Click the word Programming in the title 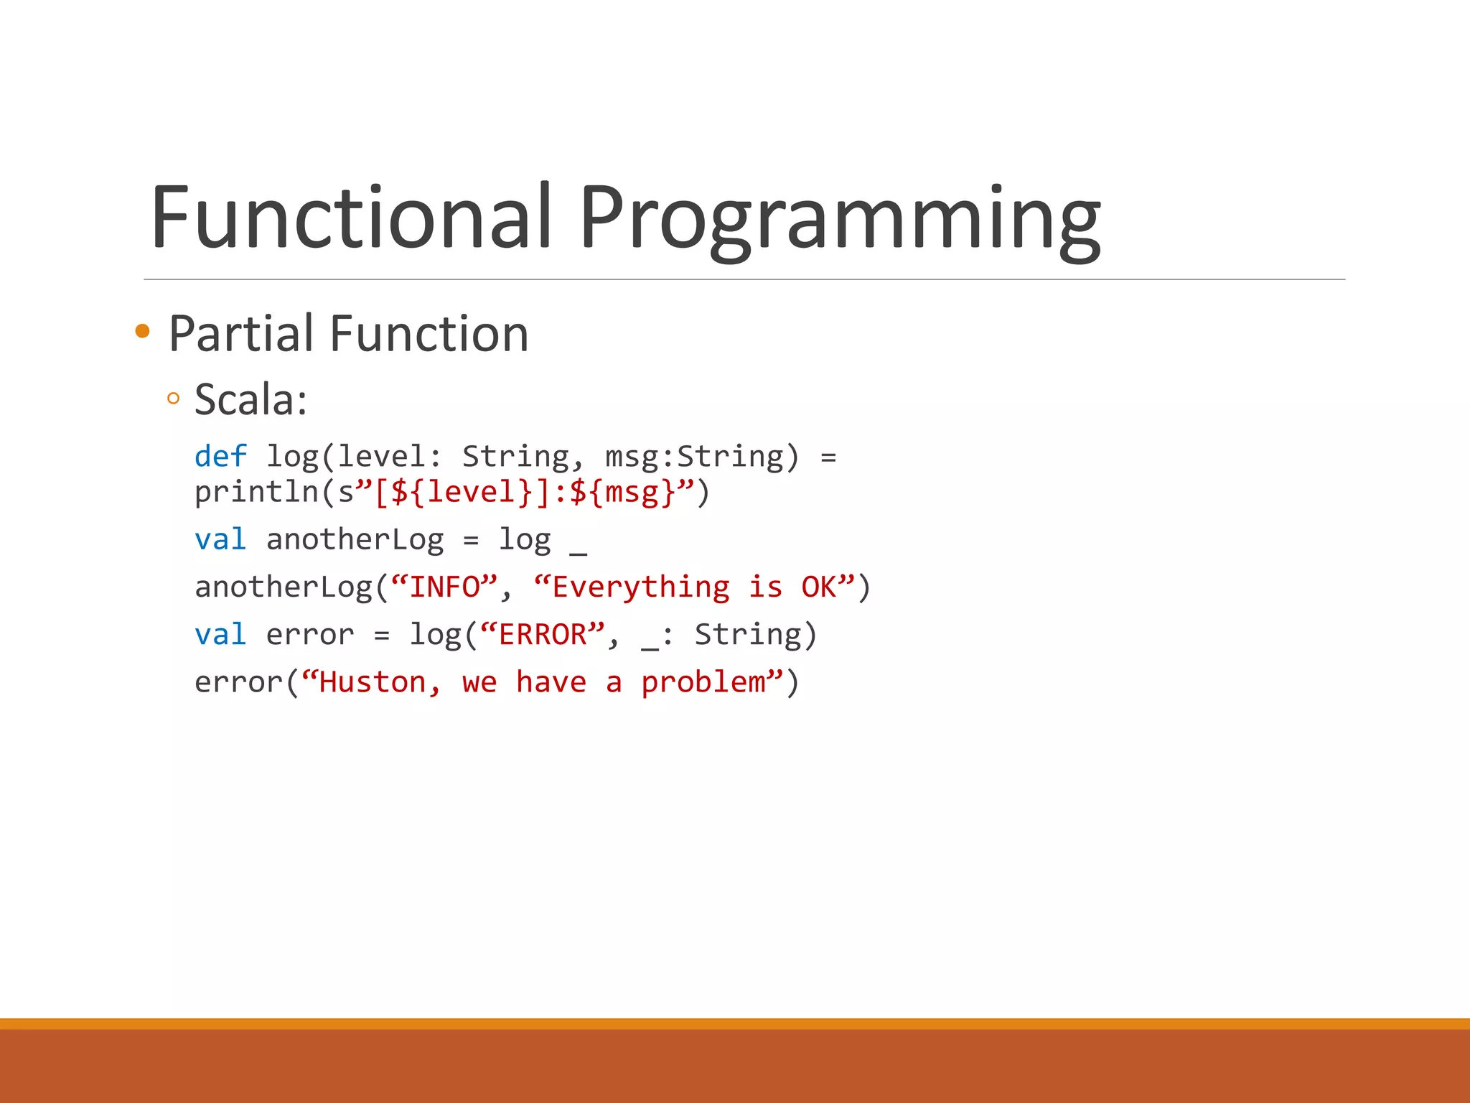(840, 219)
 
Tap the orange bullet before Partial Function (142, 331)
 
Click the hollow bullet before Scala (173, 399)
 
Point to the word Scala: (251, 399)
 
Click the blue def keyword (220, 457)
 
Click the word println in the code (256, 493)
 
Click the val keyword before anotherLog (220, 540)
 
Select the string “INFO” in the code (444, 587)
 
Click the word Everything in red (641, 587)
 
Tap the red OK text (819, 587)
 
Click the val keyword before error (220, 635)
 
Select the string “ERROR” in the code (543, 635)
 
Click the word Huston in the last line (373, 682)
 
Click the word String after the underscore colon (748, 636)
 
